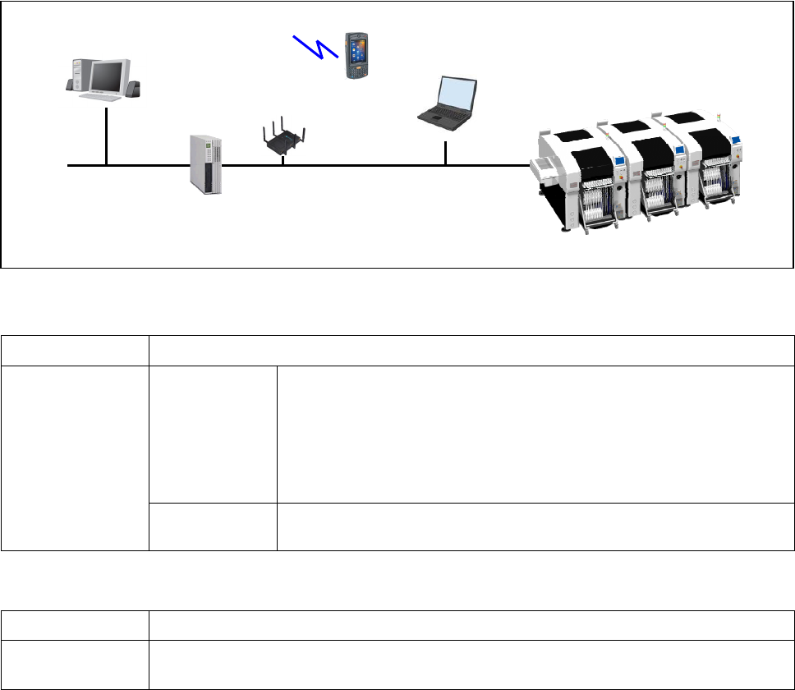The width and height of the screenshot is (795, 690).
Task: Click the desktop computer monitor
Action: click(x=105, y=76)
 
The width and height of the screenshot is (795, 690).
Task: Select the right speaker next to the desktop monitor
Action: click(x=133, y=88)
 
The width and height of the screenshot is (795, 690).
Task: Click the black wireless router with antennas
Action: click(x=283, y=142)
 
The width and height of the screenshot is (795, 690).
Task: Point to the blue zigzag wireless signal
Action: click(x=316, y=47)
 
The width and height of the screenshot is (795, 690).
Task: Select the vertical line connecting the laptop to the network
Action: click(x=445, y=154)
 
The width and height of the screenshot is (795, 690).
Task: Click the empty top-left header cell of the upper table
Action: click(x=75, y=350)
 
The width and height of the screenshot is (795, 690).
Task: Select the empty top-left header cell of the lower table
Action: click(x=75, y=625)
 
